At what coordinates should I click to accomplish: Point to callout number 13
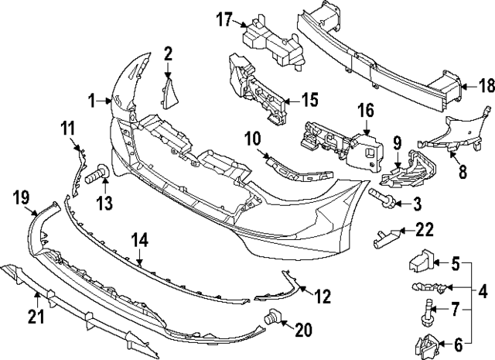click(102, 204)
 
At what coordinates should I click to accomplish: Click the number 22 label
click(425, 229)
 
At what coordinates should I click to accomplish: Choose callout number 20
click(302, 330)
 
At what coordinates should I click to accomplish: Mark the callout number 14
click(139, 240)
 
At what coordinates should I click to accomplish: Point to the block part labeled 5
click(418, 262)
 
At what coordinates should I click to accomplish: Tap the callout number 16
click(365, 111)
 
